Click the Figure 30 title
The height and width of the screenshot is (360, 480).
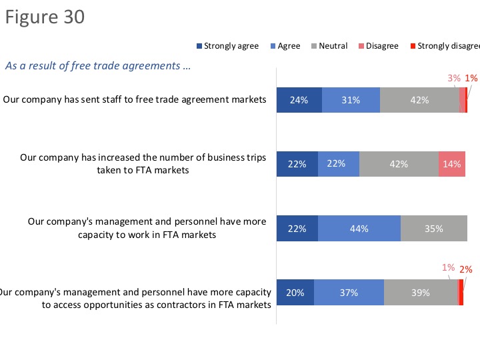coord(45,17)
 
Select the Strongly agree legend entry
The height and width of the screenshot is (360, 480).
coord(226,46)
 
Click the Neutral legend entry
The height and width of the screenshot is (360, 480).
coord(328,46)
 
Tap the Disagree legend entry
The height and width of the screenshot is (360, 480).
coord(378,46)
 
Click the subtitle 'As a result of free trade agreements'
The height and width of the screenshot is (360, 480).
coord(98,66)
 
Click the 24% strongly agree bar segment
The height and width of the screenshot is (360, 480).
coord(299,100)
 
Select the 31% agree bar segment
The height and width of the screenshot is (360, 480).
coord(351,100)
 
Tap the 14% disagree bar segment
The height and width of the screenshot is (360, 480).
coord(451,164)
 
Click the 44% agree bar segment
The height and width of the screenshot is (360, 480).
coord(359,229)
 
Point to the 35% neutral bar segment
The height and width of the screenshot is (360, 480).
coord(433,229)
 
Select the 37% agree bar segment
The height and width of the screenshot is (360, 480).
coord(349,292)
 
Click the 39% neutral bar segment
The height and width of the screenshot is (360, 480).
coord(420,292)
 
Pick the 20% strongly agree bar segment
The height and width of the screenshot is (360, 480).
coord(295,292)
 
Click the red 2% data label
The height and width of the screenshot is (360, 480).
coord(466,270)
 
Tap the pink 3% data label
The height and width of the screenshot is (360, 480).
coord(454,78)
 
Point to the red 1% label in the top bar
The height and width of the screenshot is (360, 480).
coord(471,78)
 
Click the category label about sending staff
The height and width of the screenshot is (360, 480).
coord(135,100)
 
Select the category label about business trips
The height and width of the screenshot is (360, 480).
coord(143,164)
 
